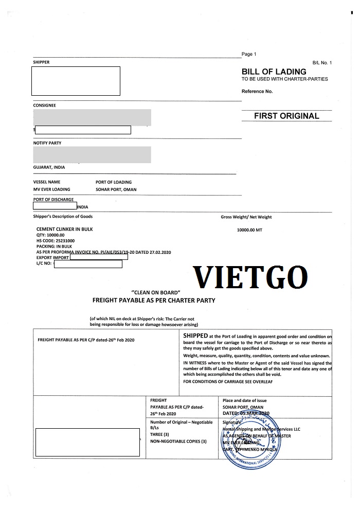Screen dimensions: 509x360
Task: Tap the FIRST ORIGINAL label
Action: click(286, 116)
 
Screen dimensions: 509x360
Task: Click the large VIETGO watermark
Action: click(250, 277)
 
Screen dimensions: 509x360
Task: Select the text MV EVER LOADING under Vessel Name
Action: click(51, 189)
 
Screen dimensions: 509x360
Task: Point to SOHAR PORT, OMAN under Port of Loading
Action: click(116, 189)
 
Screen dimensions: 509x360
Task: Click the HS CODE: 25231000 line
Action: click(56, 240)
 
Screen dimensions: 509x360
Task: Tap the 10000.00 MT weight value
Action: click(249, 230)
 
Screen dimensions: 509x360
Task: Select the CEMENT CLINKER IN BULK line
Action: click(65, 229)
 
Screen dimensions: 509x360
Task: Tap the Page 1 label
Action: click(248, 54)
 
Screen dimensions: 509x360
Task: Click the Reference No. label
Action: click(257, 92)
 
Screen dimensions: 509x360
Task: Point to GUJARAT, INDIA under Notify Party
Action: click(49, 167)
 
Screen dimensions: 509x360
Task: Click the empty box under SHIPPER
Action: click(76, 81)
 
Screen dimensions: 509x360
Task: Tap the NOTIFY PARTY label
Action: click(47, 143)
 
